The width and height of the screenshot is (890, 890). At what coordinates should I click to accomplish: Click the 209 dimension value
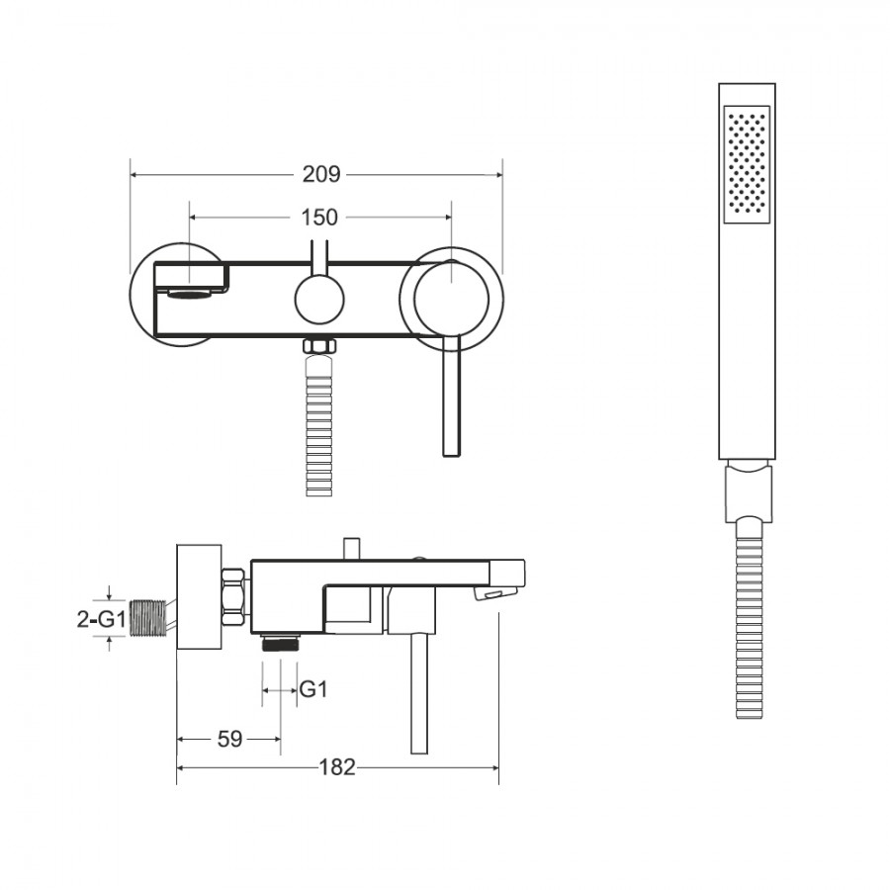[321, 174]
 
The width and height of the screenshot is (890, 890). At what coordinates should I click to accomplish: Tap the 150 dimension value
[319, 217]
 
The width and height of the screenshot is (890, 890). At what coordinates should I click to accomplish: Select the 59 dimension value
[229, 739]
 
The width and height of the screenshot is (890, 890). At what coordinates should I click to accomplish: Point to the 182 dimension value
[337, 767]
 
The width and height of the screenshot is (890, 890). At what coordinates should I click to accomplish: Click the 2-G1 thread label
[102, 619]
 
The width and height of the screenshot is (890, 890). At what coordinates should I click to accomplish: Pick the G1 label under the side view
[313, 689]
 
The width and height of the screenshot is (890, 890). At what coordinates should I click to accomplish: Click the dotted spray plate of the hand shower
[747, 163]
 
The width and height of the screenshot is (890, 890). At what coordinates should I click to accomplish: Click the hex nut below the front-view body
[319, 346]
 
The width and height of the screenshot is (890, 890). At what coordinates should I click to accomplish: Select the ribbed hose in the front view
[319, 425]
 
